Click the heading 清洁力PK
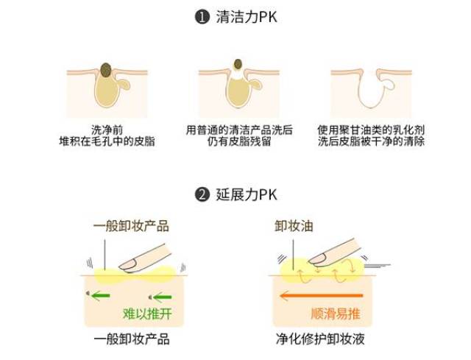pos(247,17)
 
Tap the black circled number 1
pos(202,17)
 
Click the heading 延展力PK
pos(247,195)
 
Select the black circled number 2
pos(202,195)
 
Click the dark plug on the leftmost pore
pos(106,70)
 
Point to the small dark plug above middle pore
pos(238,64)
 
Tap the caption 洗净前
pos(107,130)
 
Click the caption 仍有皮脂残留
pos(239,141)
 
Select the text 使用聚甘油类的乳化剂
pos(371,130)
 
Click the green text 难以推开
pos(147,314)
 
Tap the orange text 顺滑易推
pos(336,314)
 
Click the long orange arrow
pos(321,296)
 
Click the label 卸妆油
pos(294,226)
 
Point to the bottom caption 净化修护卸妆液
pos(320,339)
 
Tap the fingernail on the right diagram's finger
pos(318,258)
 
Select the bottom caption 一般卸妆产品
pos(132,339)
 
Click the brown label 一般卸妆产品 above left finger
pos(131,226)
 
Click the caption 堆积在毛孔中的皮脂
pos(107,141)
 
